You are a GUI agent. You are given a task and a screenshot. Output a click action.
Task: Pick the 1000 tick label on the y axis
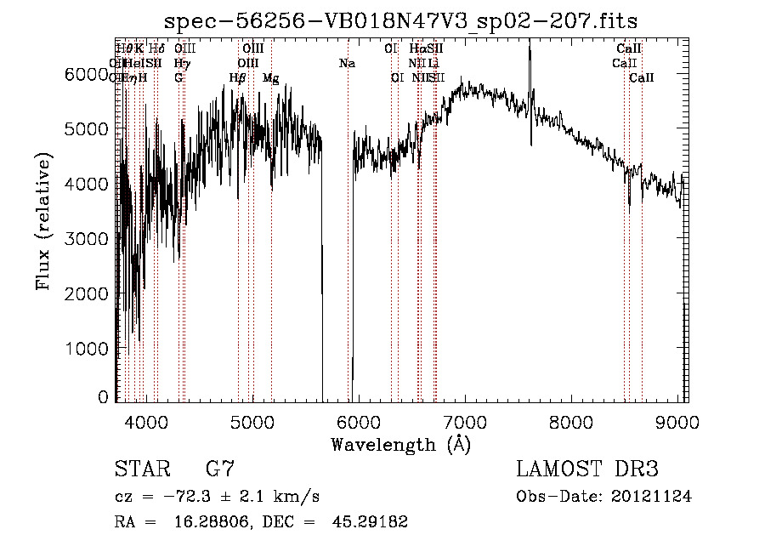pos(87,349)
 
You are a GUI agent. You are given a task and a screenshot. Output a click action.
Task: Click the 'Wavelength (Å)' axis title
pos(400,444)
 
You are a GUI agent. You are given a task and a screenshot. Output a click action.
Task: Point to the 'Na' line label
pos(347,63)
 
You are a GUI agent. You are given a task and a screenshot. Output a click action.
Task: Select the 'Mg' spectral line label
pos(270,78)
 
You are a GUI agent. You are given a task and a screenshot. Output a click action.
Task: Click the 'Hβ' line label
pos(238,78)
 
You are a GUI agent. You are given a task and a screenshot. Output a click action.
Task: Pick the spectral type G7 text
pos(220,469)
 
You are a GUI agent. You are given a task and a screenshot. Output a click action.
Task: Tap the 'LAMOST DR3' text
pos(587,469)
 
